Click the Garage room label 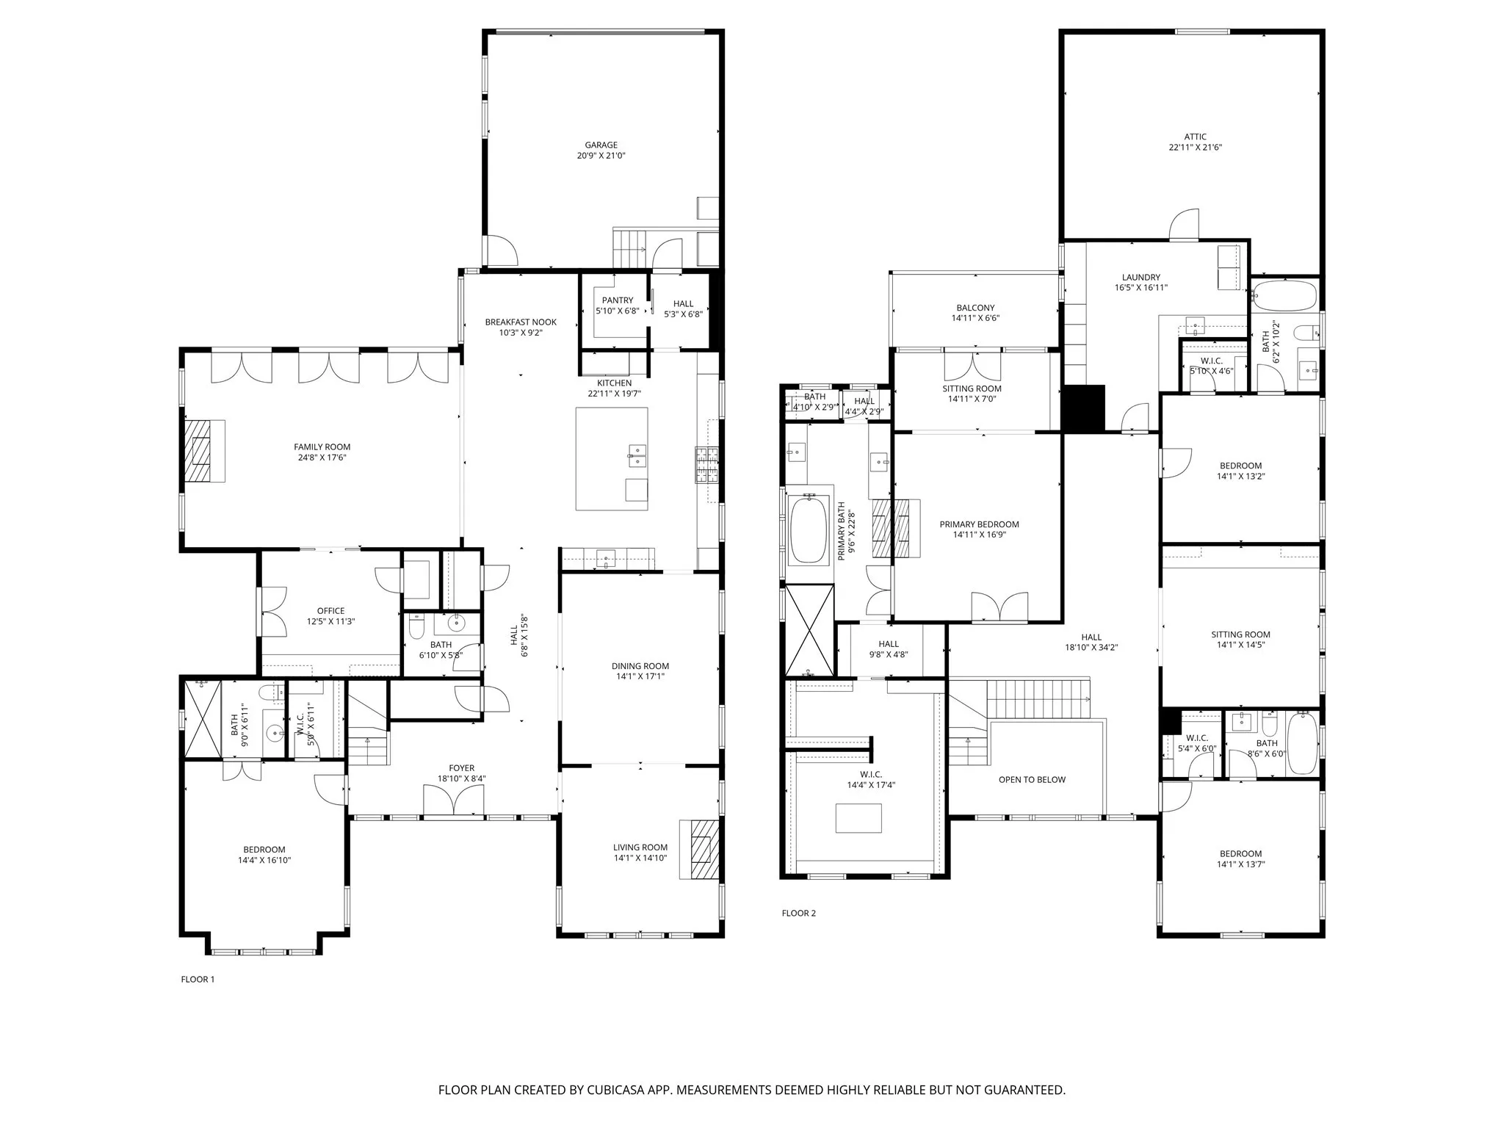point(601,145)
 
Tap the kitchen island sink point(636,456)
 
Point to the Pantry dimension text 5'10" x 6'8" point(617,311)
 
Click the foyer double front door point(454,800)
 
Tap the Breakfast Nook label point(521,322)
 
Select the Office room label point(330,610)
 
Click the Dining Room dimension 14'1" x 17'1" point(640,677)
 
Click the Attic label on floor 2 point(1195,137)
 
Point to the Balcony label point(975,308)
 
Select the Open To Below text point(1031,780)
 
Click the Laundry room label point(1140,278)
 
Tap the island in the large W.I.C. point(858,818)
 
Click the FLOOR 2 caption point(798,914)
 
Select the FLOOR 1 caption point(198,980)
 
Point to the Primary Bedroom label point(979,524)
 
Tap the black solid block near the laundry point(1083,408)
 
